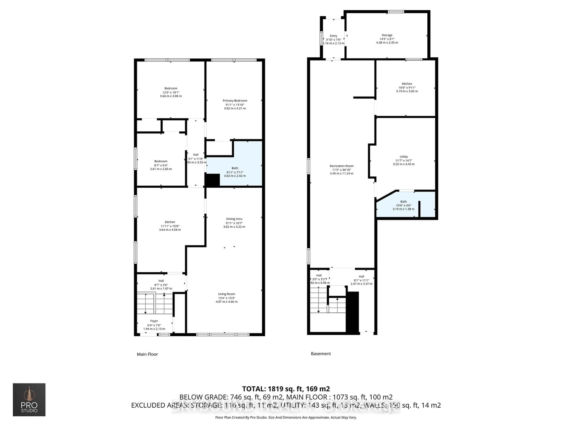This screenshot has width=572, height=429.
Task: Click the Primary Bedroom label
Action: [x=235, y=101]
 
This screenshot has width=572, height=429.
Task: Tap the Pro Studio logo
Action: [x=29, y=400]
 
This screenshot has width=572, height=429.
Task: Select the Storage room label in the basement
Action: [x=387, y=35]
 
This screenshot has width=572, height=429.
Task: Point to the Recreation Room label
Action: [x=341, y=166]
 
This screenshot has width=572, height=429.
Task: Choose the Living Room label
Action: [x=226, y=294]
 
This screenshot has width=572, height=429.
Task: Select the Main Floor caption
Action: [x=147, y=354]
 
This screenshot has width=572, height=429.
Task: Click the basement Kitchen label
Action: [x=407, y=84]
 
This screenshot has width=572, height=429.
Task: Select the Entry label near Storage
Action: [x=333, y=36]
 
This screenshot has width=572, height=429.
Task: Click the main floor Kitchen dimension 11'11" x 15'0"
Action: [x=170, y=226]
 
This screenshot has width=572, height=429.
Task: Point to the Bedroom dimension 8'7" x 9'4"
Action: [x=161, y=165]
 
